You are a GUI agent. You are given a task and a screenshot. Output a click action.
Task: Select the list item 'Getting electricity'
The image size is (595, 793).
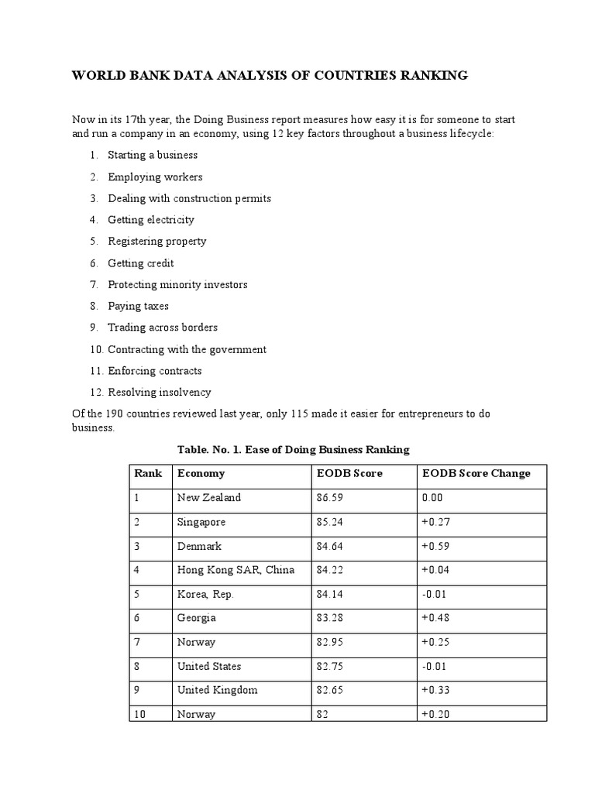point(151,220)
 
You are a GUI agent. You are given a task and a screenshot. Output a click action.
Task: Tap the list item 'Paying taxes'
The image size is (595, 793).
point(138,306)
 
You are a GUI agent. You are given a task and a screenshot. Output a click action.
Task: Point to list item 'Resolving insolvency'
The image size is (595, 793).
point(160,392)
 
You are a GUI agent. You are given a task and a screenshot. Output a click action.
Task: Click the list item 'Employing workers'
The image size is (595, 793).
point(155,177)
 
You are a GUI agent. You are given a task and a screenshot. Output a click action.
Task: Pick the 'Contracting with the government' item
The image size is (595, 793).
point(187,349)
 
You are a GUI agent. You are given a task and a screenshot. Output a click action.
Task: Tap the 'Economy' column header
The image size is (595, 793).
point(201,473)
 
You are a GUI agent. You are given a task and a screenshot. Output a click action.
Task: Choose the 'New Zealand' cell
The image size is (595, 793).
point(208,498)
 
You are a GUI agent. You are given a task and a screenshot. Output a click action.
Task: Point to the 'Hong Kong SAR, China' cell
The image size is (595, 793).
point(236,570)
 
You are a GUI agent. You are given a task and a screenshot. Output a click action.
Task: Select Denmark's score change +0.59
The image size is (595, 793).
point(435,546)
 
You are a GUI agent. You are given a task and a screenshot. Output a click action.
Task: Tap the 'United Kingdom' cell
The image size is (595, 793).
point(217,690)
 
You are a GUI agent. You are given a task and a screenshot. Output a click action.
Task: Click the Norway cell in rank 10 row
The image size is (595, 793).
point(196,714)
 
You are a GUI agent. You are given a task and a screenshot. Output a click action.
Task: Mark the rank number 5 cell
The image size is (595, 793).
point(137,594)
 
